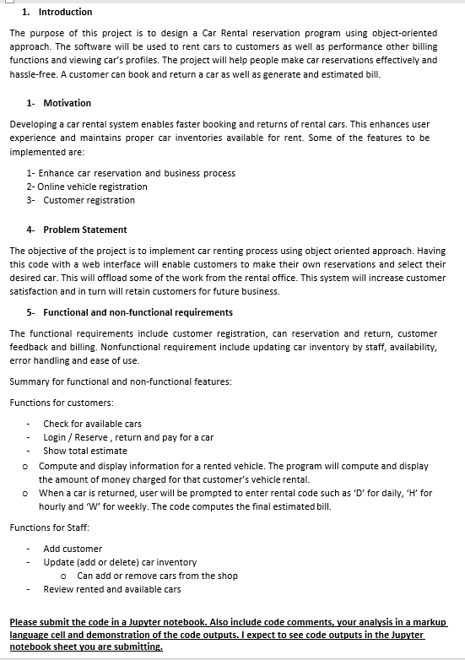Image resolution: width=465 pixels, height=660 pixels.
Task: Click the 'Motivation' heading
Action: point(67,103)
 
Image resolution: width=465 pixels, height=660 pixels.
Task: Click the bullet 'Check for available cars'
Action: point(92,424)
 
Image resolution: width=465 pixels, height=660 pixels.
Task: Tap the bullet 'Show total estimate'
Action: point(85,451)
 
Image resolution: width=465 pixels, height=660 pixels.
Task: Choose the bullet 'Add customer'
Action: point(73,549)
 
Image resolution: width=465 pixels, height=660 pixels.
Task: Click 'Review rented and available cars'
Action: point(112,589)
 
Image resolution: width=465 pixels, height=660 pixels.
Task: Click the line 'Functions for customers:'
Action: point(62,403)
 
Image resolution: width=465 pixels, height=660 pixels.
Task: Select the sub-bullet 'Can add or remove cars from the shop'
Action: point(157,576)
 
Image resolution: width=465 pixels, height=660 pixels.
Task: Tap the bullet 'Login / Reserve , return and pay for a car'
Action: point(128,437)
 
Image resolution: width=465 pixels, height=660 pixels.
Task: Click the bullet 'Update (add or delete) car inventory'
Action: point(120,562)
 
